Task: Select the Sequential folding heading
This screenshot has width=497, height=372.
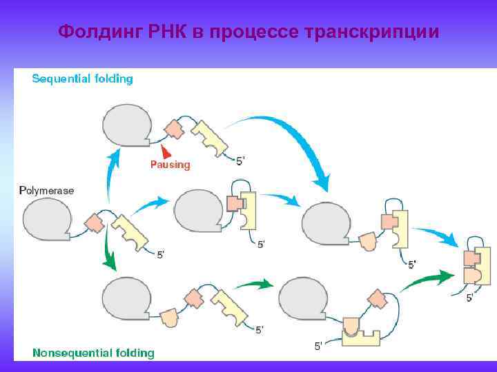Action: [x=83, y=79]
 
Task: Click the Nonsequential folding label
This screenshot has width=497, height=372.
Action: [x=94, y=353]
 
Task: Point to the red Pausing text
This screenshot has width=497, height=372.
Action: [x=170, y=165]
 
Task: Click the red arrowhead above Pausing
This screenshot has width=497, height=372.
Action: [x=166, y=151]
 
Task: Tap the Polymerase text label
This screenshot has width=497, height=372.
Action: [x=47, y=189]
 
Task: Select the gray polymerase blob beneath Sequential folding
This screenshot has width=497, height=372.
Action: [x=127, y=124]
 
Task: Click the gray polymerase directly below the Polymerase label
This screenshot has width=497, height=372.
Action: [x=47, y=223]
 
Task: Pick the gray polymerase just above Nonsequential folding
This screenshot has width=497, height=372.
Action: [x=127, y=298]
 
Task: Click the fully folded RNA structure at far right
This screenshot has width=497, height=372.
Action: [x=478, y=266]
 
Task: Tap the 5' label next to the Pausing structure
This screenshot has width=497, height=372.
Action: [x=240, y=161]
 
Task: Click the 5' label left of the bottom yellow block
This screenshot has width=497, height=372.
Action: [x=318, y=346]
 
